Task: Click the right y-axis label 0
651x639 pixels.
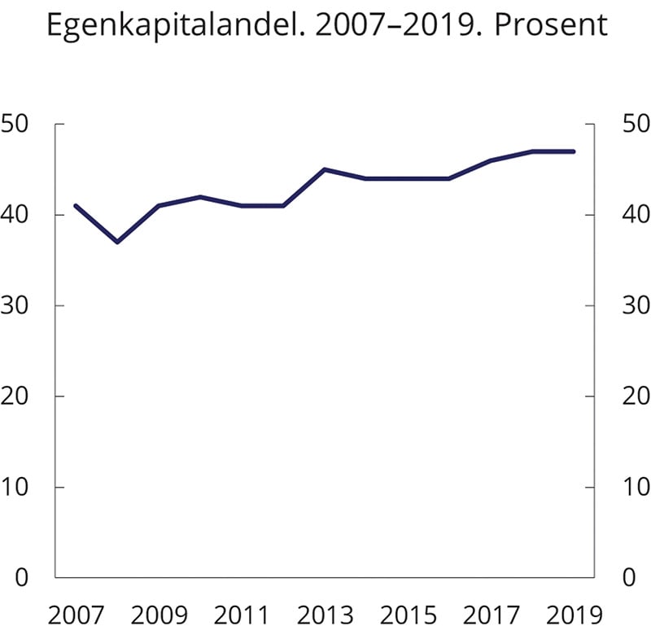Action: [x=628, y=578]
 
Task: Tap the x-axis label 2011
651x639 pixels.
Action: [x=242, y=615]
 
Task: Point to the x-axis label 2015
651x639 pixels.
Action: [x=408, y=615]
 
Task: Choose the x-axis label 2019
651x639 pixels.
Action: [x=574, y=615]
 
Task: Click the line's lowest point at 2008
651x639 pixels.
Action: [x=117, y=242]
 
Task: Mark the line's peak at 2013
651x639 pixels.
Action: [x=325, y=169]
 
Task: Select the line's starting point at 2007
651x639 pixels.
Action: [x=76, y=206]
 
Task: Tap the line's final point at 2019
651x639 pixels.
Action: [x=574, y=151]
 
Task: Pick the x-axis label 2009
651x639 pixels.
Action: [x=159, y=615]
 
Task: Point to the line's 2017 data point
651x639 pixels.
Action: [x=491, y=160]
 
